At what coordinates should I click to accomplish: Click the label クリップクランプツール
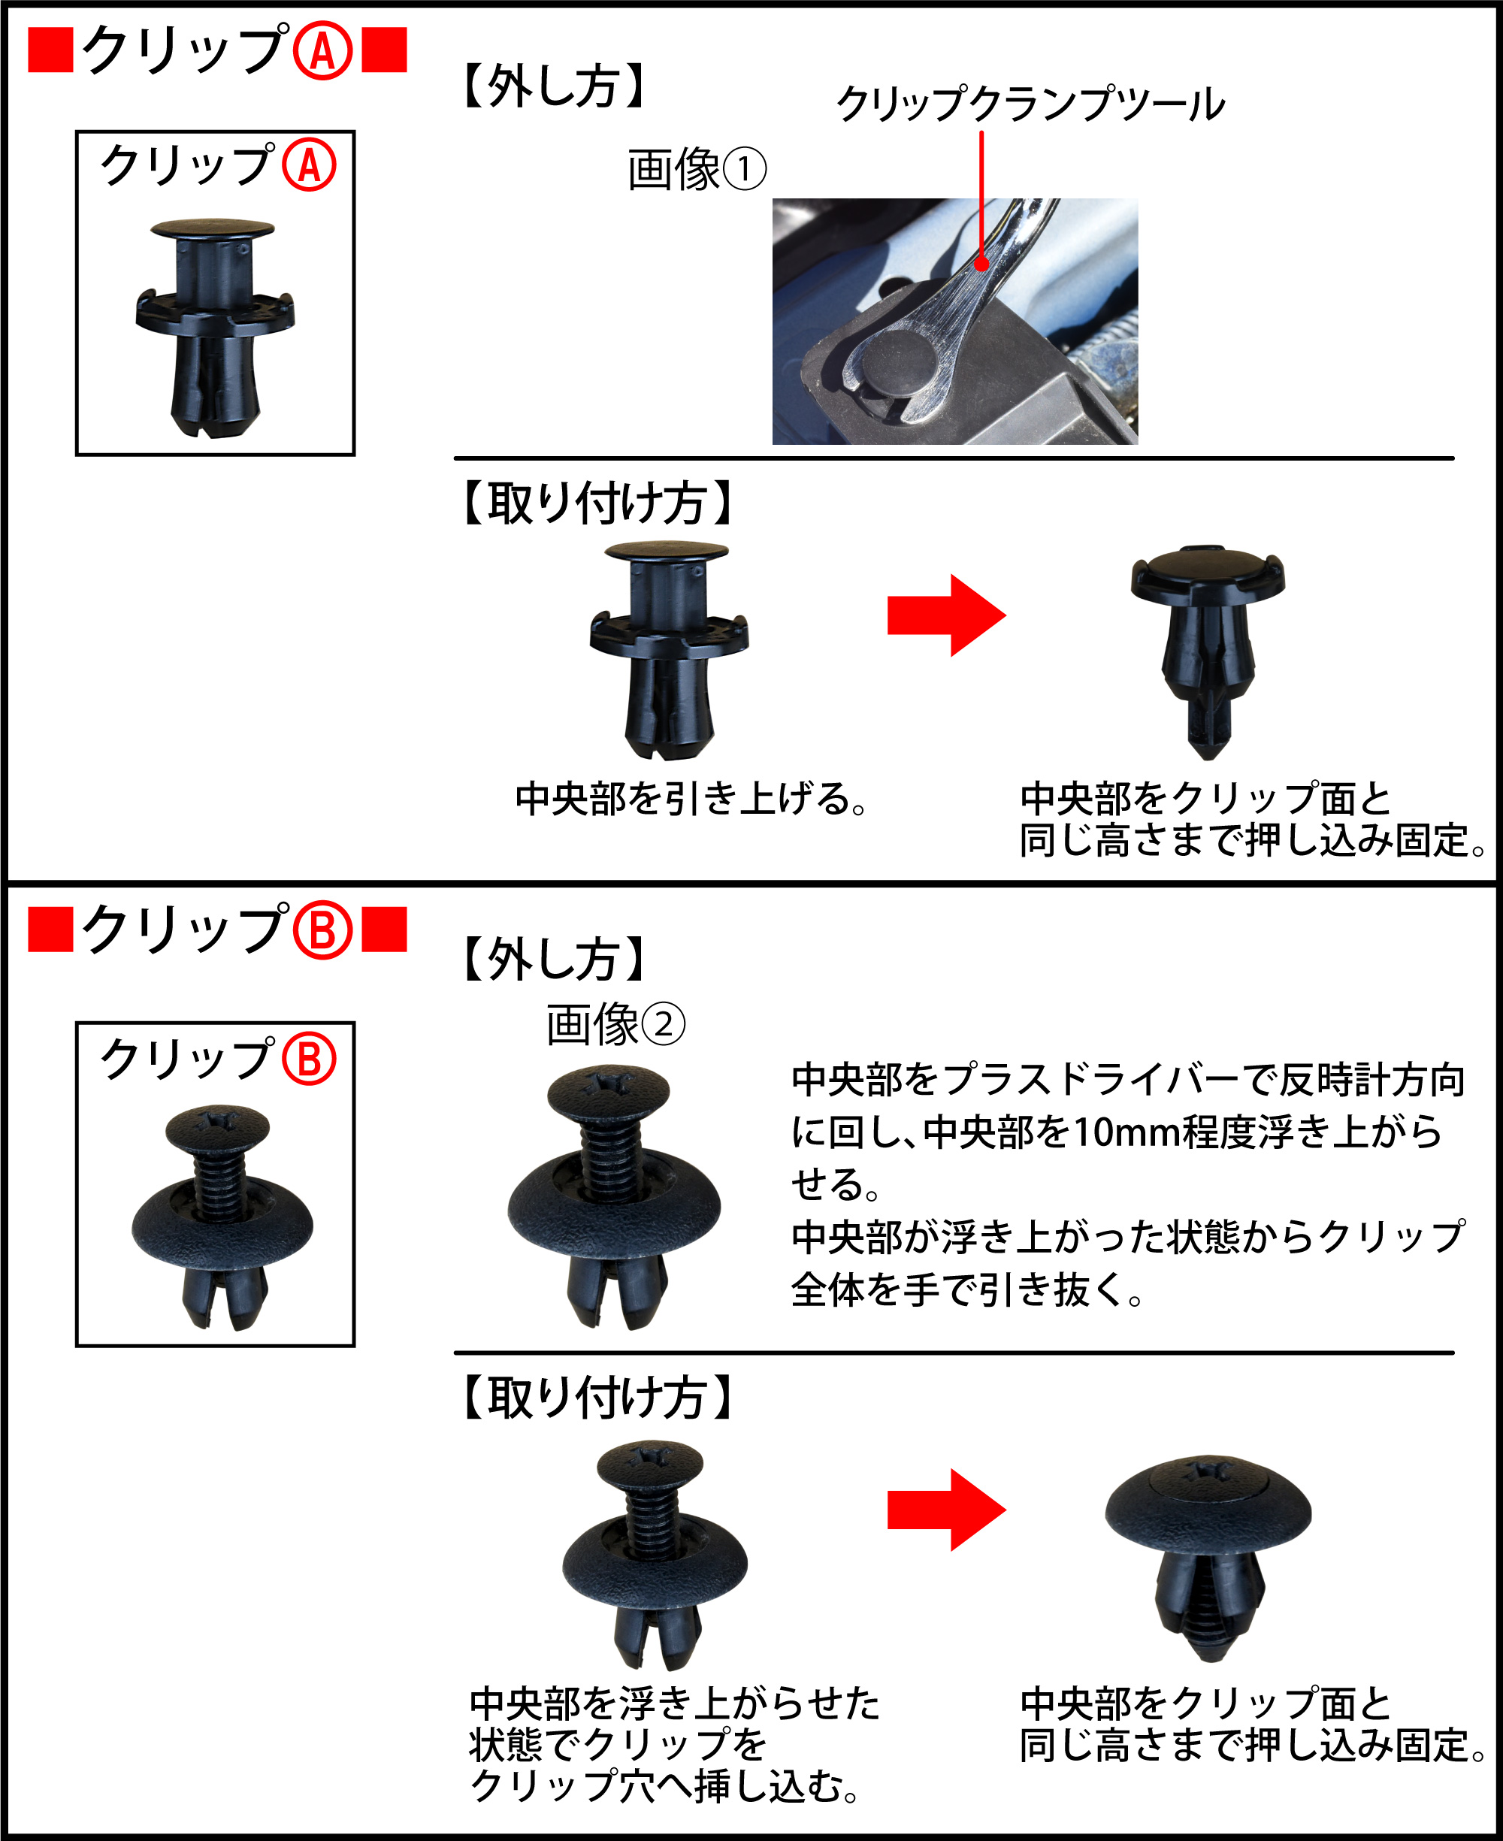click(x=1030, y=104)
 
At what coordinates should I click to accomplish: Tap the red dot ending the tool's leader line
click(x=981, y=263)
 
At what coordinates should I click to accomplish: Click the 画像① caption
click(x=696, y=169)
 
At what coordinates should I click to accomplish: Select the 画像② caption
click(x=615, y=1024)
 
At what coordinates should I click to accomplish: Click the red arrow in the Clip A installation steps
click(x=946, y=615)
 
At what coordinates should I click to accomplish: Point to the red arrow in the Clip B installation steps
click(x=946, y=1510)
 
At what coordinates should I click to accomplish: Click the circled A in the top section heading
click(x=322, y=51)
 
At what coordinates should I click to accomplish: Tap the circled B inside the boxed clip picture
click(x=309, y=1059)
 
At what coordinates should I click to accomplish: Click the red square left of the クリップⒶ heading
click(x=50, y=50)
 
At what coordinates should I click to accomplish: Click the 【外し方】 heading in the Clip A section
click(x=554, y=86)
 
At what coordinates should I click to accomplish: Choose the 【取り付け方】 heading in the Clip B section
click(x=597, y=1397)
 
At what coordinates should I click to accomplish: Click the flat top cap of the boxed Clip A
click(x=213, y=228)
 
